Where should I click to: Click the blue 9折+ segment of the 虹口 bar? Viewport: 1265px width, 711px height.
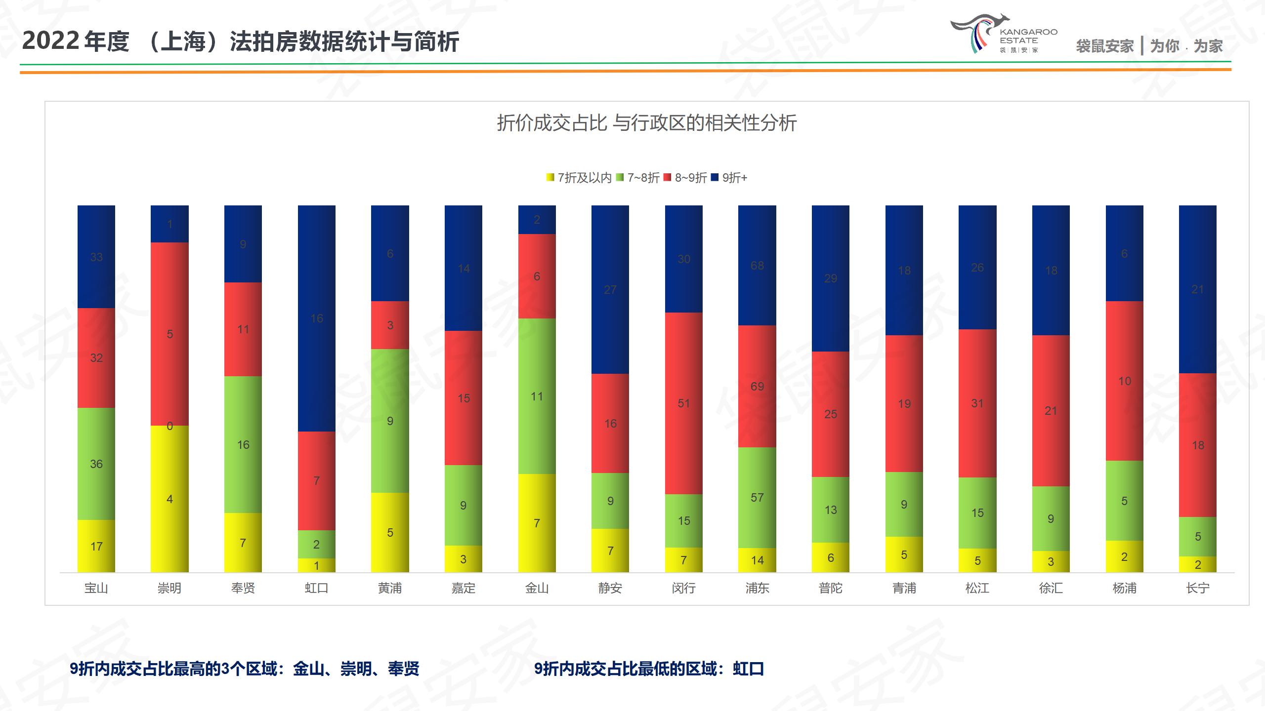pyautogui.click(x=316, y=318)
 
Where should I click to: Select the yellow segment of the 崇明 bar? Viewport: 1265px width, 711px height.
pyautogui.click(x=169, y=499)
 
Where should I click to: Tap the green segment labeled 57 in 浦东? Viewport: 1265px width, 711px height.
pyautogui.click(x=757, y=497)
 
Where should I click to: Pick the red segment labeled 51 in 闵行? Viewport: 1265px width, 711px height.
pyautogui.click(x=683, y=403)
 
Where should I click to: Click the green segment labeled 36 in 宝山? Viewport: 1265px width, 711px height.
pyautogui.click(x=96, y=464)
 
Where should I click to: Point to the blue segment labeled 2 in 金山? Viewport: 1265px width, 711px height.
pyautogui.click(x=537, y=220)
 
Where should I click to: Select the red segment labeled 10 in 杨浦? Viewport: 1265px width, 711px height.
pyautogui.click(x=1124, y=381)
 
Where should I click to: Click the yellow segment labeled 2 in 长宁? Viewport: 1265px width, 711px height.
pyautogui.click(x=1197, y=564)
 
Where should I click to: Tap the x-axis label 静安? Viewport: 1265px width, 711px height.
pyautogui.click(x=610, y=588)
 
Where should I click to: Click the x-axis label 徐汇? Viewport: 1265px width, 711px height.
pyautogui.click(x=1051, y=588)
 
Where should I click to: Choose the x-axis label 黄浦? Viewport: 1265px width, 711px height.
pyautogui.click(x=390, y=588)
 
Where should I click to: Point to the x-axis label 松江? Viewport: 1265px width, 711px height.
pyautogui.click(x=977, y=588)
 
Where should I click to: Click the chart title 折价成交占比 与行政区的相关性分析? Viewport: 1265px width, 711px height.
pyautogui.click(x=646, y=123)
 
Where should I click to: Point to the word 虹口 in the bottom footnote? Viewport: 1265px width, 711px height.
pyautogui.click(x=748, y=669)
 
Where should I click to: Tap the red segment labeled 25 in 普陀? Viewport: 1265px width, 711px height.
pyautogui.click(x=830, y=414)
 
